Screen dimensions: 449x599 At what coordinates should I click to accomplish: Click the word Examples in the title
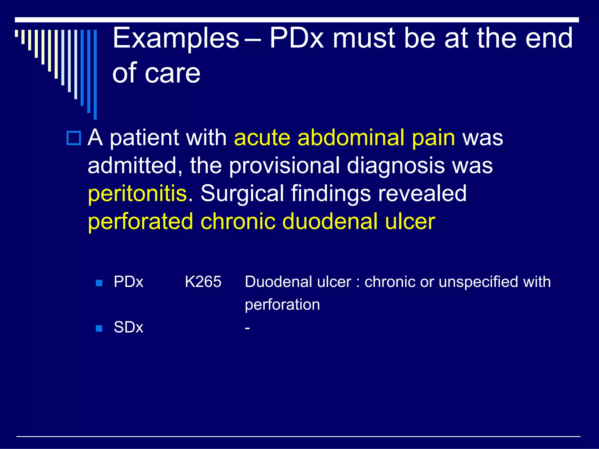[176, 38]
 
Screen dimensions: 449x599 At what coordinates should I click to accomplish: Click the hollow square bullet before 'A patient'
[74, 138]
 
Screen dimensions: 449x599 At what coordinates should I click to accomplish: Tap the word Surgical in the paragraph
[242, 194]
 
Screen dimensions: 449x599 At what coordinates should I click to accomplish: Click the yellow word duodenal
[330, 221]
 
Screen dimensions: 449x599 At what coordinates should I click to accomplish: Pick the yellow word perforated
[140, 221]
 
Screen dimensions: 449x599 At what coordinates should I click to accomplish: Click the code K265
[203, 282]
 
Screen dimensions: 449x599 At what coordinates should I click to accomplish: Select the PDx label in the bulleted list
[128, 282]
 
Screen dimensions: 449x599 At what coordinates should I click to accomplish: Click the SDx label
[128, 327]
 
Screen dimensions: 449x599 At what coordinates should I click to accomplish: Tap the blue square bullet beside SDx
[99, 328]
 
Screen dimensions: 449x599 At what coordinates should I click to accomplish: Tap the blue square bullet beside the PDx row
[99, 283]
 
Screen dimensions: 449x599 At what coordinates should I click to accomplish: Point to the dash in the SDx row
[247, 328]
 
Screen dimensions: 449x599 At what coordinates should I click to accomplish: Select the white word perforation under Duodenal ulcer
[282, 305]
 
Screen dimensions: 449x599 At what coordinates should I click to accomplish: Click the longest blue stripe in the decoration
[95, 75]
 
